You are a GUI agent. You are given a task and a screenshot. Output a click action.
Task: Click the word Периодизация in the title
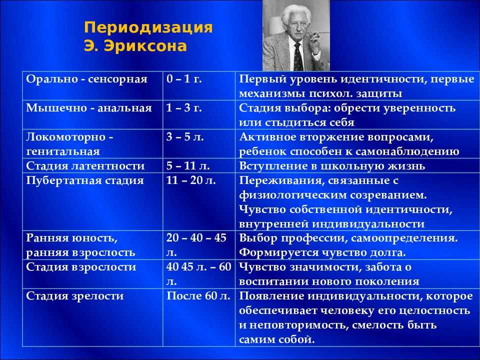click(148, 27)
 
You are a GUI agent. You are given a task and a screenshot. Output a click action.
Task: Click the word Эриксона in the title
click(145, 46)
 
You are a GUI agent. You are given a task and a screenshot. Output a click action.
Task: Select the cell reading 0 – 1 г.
click(199, 85)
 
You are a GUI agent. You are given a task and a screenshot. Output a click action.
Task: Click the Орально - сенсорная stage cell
click(92, 85)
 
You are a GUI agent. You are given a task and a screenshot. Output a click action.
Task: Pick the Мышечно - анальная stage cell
click(92, 114)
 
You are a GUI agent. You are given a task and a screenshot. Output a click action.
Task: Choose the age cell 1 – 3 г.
click(199, 114)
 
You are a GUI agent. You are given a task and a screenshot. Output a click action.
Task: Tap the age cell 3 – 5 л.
click(199, 143)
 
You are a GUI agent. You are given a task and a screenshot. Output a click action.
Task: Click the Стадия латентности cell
click(92, 165)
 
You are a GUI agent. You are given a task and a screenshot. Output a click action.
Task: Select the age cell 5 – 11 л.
click(199, 165)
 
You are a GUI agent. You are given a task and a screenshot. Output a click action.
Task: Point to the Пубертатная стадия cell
click(92, 201)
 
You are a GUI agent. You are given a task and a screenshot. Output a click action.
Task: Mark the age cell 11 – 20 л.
click(199, 201)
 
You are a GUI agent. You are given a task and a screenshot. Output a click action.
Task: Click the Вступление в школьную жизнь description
click(332, 165)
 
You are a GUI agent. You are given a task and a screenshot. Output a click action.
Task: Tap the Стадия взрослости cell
click(92, 274)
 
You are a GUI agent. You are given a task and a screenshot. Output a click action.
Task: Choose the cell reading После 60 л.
click(199, 317)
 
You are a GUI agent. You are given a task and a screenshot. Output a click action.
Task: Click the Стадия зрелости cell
click(92, 317)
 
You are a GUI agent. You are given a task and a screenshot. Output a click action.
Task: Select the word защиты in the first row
click(379, 93)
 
